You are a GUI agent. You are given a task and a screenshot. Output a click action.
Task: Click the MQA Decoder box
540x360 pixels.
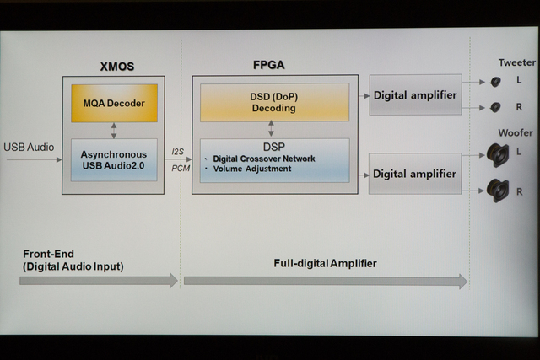point(114,104)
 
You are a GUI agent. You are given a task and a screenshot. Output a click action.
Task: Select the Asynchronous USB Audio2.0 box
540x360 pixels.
point(114,159)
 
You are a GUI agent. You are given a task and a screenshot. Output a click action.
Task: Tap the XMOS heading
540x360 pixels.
point(116,66)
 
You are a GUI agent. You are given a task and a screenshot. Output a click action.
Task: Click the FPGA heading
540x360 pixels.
point(270,66)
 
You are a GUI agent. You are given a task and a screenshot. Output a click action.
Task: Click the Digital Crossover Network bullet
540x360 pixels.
point(264,159)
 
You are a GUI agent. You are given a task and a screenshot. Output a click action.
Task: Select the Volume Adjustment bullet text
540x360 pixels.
point(252,169)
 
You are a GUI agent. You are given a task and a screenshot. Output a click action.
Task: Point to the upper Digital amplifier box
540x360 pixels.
point(414,95)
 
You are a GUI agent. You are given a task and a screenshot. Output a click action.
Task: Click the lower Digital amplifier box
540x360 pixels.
point(414,174)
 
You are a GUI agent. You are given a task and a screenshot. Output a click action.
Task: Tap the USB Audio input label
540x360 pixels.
point(29,148)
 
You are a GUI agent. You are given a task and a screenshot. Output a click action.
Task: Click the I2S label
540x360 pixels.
point(180,152)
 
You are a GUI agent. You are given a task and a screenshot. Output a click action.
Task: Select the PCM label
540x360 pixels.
point(180,167)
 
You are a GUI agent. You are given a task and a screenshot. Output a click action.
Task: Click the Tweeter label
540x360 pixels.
point(516,62)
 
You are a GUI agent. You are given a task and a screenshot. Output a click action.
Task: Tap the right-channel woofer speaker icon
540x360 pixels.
point(497,191)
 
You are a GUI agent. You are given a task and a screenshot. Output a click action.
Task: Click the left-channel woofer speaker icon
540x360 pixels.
point(497,154)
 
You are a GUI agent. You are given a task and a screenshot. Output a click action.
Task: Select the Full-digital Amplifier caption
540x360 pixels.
point(325,263)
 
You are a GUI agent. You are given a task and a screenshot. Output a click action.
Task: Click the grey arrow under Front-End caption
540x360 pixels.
point(99,281)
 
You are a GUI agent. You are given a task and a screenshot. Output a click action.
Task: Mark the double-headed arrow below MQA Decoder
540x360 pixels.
point(114,130)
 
